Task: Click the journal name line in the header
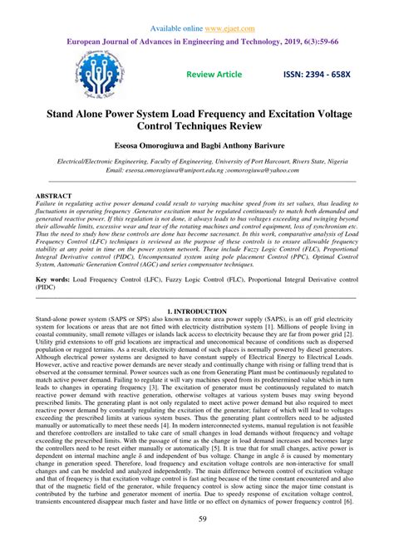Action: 197,41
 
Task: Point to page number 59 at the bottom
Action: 197,543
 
